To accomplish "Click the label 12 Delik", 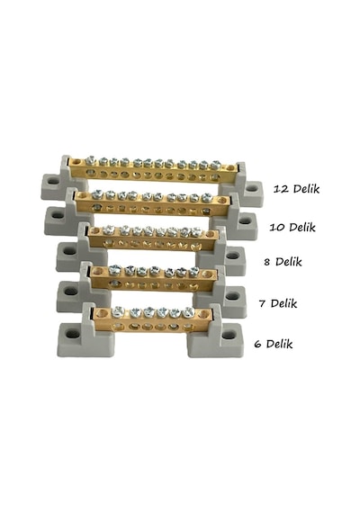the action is pos(296,189).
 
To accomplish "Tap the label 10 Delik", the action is pos(292,227).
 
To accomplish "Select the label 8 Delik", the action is pos(283,262).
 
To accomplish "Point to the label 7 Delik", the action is pos(278,303).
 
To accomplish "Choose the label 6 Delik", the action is pos(274,344).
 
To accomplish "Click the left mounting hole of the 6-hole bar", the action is pos(72,335).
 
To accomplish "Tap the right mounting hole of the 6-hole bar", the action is pos(229,335).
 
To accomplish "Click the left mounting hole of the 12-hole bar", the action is pos(52,180).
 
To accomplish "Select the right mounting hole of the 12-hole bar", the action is pos(252,188).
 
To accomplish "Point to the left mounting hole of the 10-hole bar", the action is pos(58,215).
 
